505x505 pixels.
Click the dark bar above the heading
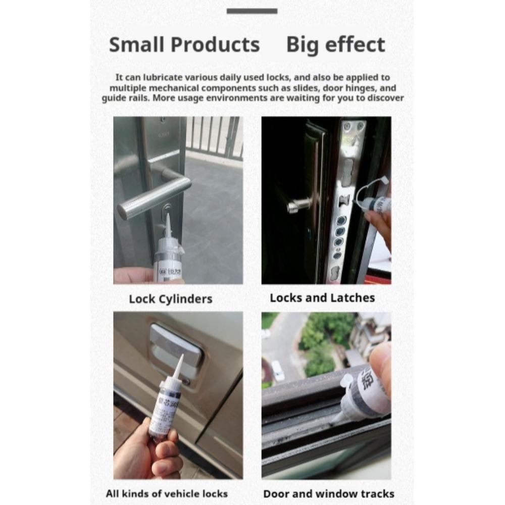tap(251, 11)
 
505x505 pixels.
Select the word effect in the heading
tap(357, 45)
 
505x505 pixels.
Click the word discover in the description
tap(383, 98)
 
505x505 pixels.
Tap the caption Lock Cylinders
tap(170, 298)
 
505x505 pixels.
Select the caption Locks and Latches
tap(322, 297)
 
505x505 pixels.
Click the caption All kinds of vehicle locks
tap(167, 493)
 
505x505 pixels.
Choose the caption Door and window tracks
tap(329, 493)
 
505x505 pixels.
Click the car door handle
tap(174, 343)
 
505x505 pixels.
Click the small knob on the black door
tap(293, 206)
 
